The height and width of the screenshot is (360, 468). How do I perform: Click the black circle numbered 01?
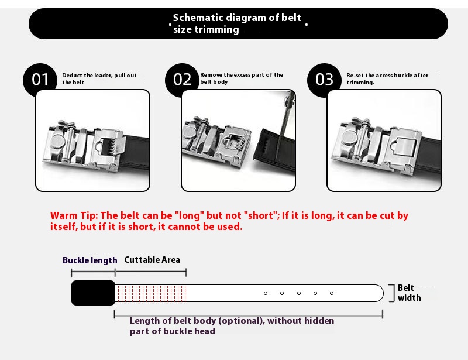pos(40,80)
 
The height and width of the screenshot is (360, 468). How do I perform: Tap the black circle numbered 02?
pos(182,80)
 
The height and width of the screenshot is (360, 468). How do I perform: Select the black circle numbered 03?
pos(324,80)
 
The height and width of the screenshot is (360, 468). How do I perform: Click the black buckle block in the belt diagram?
pos(93,293)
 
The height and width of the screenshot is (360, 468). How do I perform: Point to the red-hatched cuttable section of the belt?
pos(151,293)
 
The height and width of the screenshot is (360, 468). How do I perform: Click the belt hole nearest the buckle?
pos(266,293)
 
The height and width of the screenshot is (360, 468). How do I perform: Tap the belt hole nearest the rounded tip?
pos(332,293)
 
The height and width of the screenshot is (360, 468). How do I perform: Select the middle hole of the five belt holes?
pos(299,293)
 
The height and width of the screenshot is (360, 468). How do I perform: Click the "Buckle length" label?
pos(90,260)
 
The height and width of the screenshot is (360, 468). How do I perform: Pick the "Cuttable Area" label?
pos(152,260)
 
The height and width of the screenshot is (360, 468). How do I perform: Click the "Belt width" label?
pos(409,293)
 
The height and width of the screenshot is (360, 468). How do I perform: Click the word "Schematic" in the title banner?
pos(198,18)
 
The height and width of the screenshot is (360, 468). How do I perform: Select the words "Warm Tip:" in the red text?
pos(74,215)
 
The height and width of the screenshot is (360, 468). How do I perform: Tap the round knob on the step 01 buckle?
pos(57,141)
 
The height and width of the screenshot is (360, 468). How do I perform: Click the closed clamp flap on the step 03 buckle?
pos(404,147)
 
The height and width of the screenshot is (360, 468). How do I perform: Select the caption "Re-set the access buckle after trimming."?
pos(387,79)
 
